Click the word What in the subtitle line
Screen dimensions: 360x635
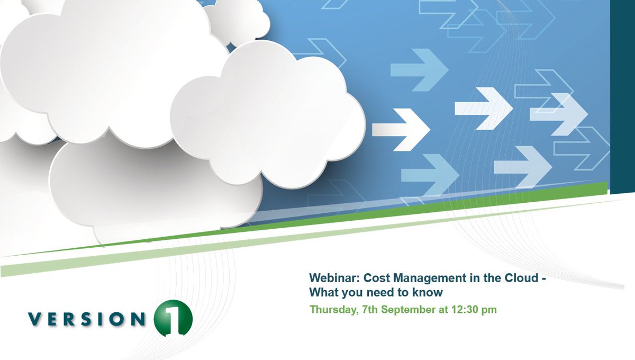pyautogui.click(x=323, y=292)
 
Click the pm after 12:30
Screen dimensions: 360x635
pyautogui.click(x=489, y=310)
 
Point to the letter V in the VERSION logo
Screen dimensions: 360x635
pyautogui.click(x=35, y=319)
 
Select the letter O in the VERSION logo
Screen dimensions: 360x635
pyautogui.click(x=119, y=319)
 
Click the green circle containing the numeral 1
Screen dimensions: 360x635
pyautogui.click(x=173, y=319)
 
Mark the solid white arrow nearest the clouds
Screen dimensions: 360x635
pyautogui.click(x=401, y=129)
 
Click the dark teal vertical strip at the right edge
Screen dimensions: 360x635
pyautogui.click(x=622, y=95)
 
